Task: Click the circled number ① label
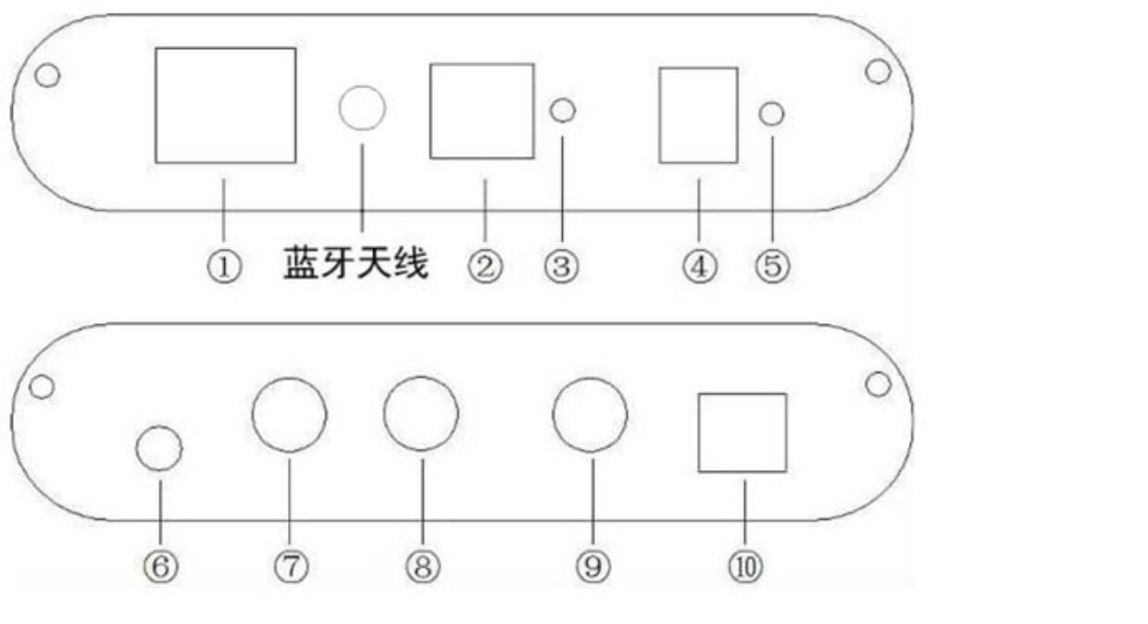[223, 268]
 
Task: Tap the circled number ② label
[484, 268]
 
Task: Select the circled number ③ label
[561, 268]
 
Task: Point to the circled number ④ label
[700, 268]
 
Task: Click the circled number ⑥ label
[160, 568]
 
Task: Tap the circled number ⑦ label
[290, 568]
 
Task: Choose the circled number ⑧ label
[422, 568]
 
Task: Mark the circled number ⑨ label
[593, 568]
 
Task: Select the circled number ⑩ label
[745, 568]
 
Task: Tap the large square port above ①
[225, 106]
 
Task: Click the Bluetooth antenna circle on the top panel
[362, 108]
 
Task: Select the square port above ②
[481, 111]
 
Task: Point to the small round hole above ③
[562, 111]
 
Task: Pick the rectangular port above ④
[698, 116]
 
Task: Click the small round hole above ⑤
[771, 114]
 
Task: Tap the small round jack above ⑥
[159, 449]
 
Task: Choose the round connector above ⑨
[590, 414]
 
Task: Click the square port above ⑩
[742, 433]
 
